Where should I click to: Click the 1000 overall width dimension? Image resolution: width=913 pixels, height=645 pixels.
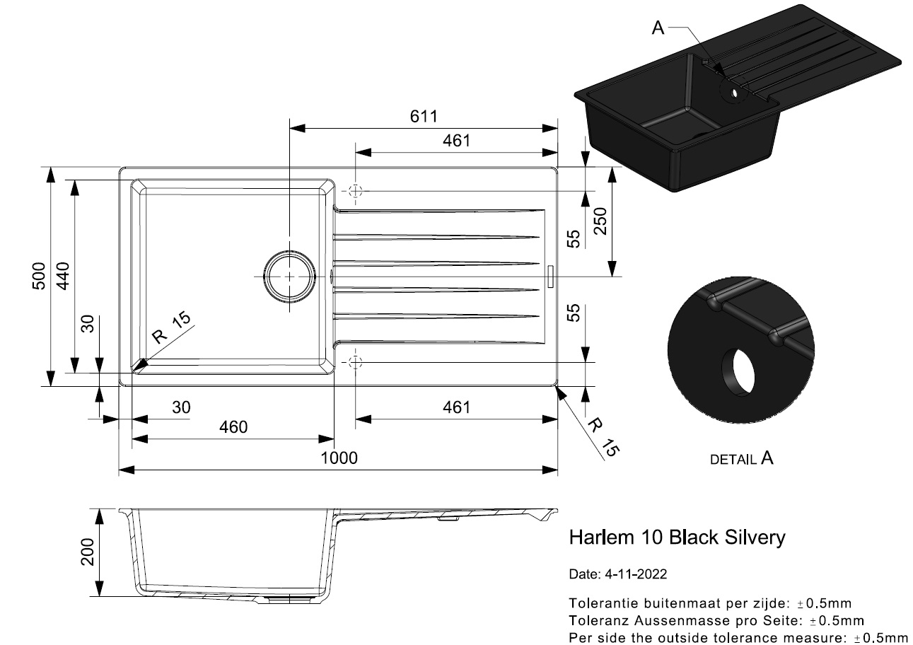[339, 458]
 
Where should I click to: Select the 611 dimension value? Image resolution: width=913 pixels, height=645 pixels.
[424, 117]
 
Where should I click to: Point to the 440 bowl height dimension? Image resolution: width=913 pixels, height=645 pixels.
[63, 276]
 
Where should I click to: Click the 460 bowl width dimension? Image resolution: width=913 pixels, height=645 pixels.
[233, 427]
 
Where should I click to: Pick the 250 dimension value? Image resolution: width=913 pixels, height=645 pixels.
[600, 225]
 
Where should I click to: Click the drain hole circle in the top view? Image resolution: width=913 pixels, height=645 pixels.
[289, 277]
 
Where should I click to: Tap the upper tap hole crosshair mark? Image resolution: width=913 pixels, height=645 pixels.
[354, 191]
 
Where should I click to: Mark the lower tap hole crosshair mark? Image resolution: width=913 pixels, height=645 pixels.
[354, 362]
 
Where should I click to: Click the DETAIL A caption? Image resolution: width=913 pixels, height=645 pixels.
[741, 459]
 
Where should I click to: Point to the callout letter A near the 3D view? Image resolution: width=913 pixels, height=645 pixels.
[658, 28]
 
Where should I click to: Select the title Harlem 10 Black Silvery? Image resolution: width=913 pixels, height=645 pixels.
[677, 537]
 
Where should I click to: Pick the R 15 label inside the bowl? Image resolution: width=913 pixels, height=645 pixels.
[172, 327]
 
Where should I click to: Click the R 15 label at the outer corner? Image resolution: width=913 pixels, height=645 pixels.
[603, 436]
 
